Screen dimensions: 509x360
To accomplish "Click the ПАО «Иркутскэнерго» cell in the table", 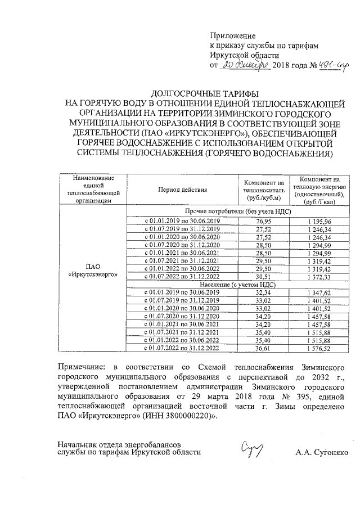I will tap(93, 271).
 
